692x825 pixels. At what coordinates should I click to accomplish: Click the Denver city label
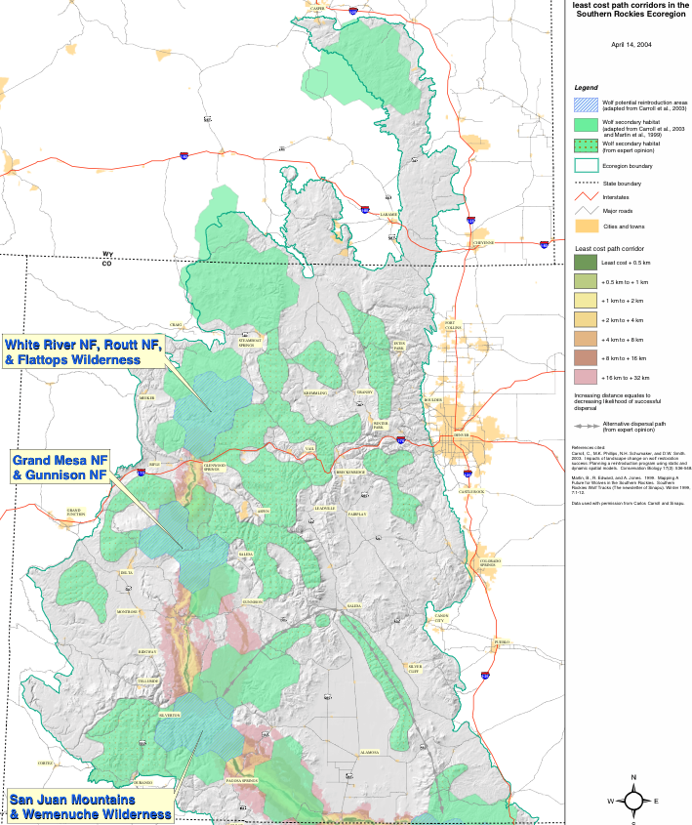(x=462, y=434)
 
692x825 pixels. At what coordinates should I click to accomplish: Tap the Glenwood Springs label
(x=214, y=466)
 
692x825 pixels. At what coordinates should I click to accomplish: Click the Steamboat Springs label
(x=246, y=342)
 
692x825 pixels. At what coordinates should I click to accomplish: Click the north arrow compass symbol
(x=633, y=801)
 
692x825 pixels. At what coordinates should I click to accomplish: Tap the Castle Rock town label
(x=471, y=492)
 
